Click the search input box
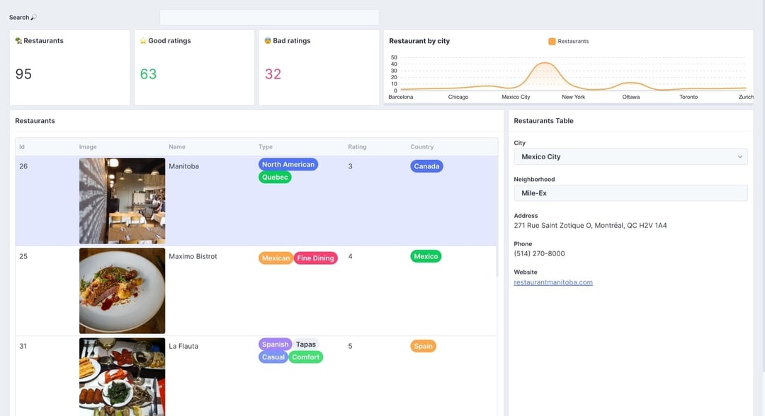pos(269,17)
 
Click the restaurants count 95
pos(23,74)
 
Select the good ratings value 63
pos(148,74)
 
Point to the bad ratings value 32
pos(273,74)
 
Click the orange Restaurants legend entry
pos(569,41)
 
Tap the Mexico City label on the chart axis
pos(516,97)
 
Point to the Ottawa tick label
pos(631,97)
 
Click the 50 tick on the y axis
pos(394,58)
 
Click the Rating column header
pos(357,147)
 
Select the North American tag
pos(288,164)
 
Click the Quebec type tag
pos(275,178)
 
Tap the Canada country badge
pos(426,166)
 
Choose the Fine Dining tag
pos(315,258)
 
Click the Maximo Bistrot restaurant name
pos(193,256)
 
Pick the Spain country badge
pos(423,346)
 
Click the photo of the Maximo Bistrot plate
pos(122,290)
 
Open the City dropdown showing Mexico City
pos(630,157)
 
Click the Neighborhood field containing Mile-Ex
pos(630,193)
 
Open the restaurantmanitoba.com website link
pos(553,282)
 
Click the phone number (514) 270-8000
pos(539,253)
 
